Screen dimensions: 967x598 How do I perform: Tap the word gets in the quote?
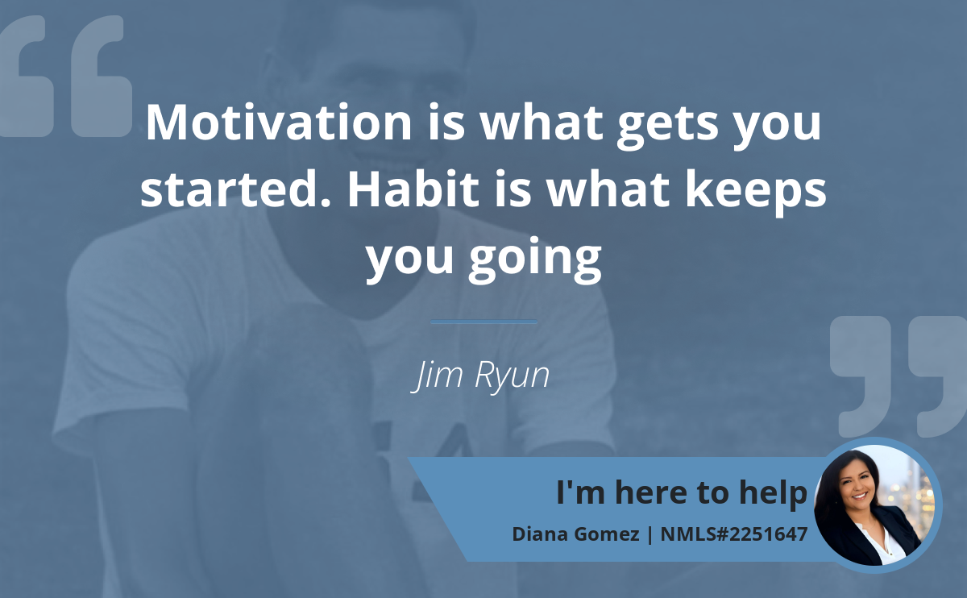668,126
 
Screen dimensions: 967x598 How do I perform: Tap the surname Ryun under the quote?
512,376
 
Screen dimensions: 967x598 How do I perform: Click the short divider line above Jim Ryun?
483,322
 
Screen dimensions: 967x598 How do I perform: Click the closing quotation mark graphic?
898,376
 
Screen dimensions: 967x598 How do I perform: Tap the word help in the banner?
773,493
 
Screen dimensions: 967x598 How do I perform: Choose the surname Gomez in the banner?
606,534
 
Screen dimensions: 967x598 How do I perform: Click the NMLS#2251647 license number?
734,534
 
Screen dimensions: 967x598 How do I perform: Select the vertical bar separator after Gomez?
650,534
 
